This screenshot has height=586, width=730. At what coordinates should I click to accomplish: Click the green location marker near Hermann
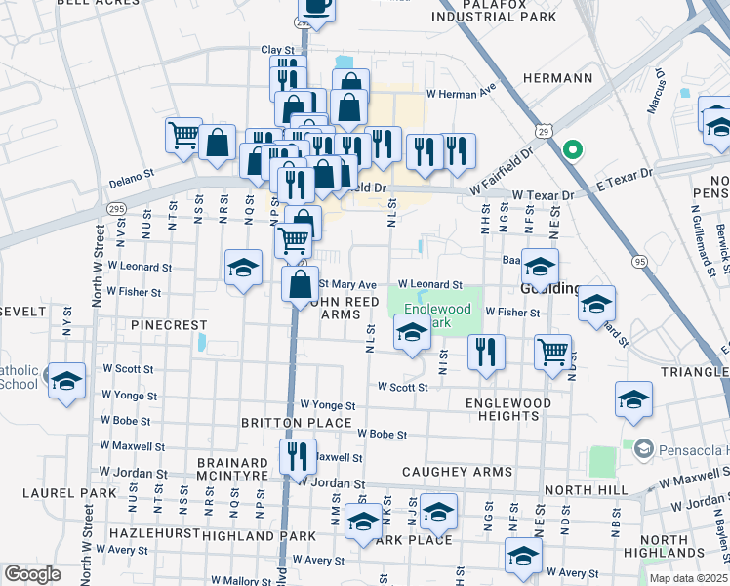click(x=574, y=150)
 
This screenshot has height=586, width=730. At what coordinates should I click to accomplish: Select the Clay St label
click(x=277, y=50)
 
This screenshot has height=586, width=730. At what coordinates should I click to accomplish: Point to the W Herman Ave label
click(x=462, y=94)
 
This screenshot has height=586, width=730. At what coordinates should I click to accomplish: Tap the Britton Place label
click(x=297, y=423)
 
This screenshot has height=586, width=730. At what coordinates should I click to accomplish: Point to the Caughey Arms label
click(x=457, y=472)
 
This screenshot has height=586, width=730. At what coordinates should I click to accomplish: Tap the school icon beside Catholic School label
click(x=66, y=381)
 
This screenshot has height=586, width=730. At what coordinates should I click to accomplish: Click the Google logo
click(x=32, y=574)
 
